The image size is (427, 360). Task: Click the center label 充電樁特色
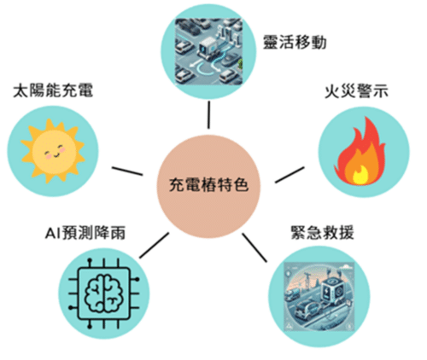pyautogui.click(x=208, y=185)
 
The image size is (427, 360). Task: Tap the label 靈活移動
pyautogui.click(x=295, y=43)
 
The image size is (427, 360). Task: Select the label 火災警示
pyautogui.click(x=356, y=91)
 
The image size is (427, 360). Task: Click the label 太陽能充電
pyautogui.click(x=53, y=90)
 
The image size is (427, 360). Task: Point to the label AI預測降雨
pyautogui.click(x=85, y=233)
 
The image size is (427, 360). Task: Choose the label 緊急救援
pyautogui.click(x=322, y=233)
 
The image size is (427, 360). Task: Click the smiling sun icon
pyautogui.click(x=53, y=151)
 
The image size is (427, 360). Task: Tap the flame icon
pyautogui.click(x=360, y=151)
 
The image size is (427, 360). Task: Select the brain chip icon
pyautogui.click(x=104, y=293)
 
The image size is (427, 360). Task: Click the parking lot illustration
pyautogui.click(x=208, y=52)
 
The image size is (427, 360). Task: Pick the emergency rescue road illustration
pyautogui.click(x=319, y=297)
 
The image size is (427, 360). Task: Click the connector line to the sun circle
pyautogui.click(x=127, y=171)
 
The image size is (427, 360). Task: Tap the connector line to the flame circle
pyautogui.click(x=290, y=175)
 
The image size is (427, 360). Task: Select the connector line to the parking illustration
pyautogui.click(x=209, y=115)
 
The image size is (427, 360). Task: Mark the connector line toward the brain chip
pyautogui.click(x=154, y=246)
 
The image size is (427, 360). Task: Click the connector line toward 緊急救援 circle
pyautogui.click(x=254, y=247)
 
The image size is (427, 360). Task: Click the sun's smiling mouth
pyautogui.click(x=56, y=155)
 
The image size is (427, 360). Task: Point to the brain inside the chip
pyautogui.click(x=104, y=293)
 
